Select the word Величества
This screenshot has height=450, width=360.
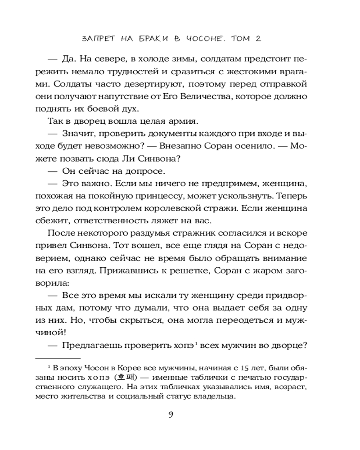pos(207,97)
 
